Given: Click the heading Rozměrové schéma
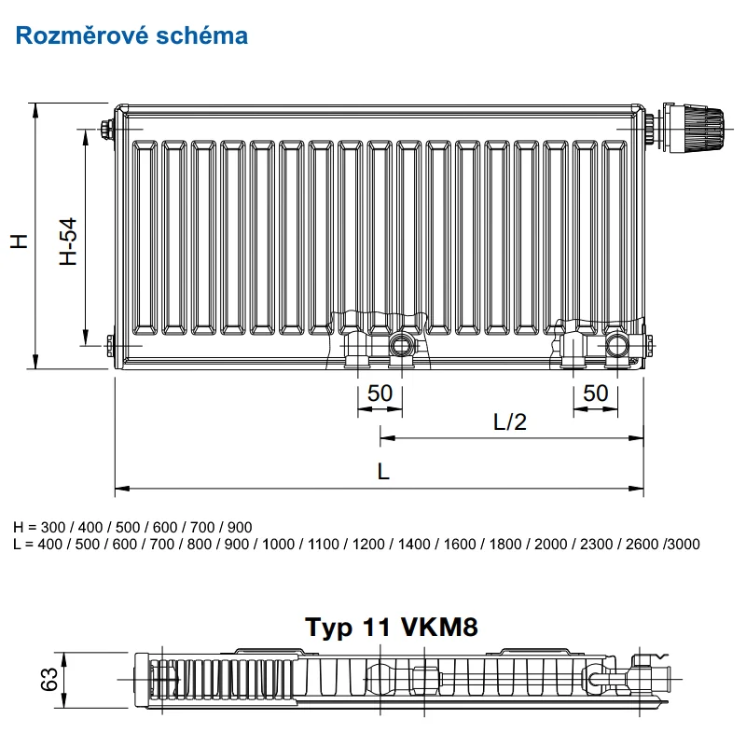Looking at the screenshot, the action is (x=131, y=35).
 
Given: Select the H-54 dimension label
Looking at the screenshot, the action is (x=68, y=242).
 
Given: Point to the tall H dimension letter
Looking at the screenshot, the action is (x=20, y=242).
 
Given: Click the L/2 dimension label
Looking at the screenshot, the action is (x=510, y=422).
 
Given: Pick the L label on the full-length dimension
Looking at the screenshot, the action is (x=383, y=472).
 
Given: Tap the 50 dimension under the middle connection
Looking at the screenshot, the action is (x=380, y=394).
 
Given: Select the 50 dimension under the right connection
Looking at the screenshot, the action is (x=595, y=394).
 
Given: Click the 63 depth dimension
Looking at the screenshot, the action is (x=49, y=679).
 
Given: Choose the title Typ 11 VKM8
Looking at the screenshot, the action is (x=391, y=627).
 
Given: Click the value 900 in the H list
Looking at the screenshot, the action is (x=240, y=527).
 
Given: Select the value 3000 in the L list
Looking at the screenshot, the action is (x=684, y=544).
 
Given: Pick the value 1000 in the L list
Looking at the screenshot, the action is (x=278, y=544).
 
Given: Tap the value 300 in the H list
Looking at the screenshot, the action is (x=53, y=527).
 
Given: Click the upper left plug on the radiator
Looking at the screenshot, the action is (x=106, y=129).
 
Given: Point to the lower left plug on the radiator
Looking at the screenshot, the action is (x=111, y=345).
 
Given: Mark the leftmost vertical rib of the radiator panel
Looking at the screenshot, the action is (x=145, y=238).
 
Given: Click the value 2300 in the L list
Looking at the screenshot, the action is (x=596, y=544).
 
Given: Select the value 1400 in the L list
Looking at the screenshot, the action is (x=414, y=544).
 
